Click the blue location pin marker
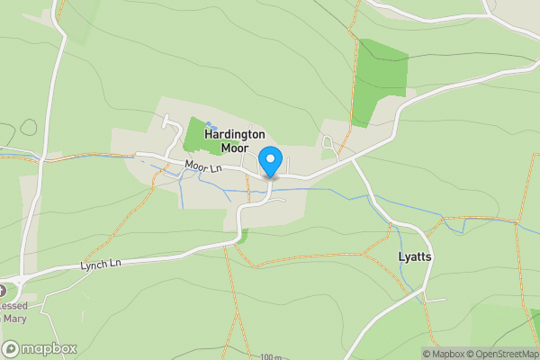[x=270, y=162]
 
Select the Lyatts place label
[x=415, y=256]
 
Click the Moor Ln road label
[x=202, y=166]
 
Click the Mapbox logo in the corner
[x=40, y=348]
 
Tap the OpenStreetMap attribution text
[x=499, y=353]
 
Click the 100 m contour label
[x=269, y=357]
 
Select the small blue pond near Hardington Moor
[x=209, y=125]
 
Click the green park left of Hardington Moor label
[x=193, y=136]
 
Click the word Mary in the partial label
[x=13, y=317]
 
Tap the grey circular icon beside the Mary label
[x=3, y=292]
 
